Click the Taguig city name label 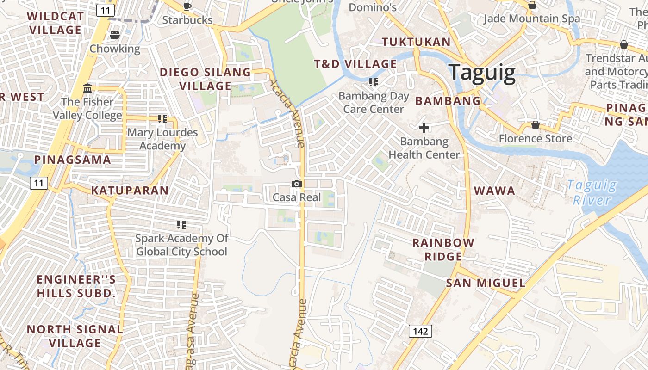[x=481, y=73]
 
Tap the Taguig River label [x=592, y=192]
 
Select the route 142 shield [x=420, y=331]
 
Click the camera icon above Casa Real [x=297, y=184]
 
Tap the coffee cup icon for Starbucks [x=187, y=6]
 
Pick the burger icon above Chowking [x=115, y=35]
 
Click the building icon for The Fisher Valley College [x=87, y=88]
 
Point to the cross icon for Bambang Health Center [x=424, y=128]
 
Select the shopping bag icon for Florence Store [x=535, y=125]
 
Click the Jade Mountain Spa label [x=531, y=18]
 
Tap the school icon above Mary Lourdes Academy [x=162, y=119]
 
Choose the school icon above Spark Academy [x=181, y=225]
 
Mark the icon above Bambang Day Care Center [x=373, y=82]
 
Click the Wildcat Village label [x=56, y=23]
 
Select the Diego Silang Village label [x=205, y=79]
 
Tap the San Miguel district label [x=486, y=283]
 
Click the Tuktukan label [x=416, y=42]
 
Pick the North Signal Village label [x=75, y=336]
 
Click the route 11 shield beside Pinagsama [x=38, y=184]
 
